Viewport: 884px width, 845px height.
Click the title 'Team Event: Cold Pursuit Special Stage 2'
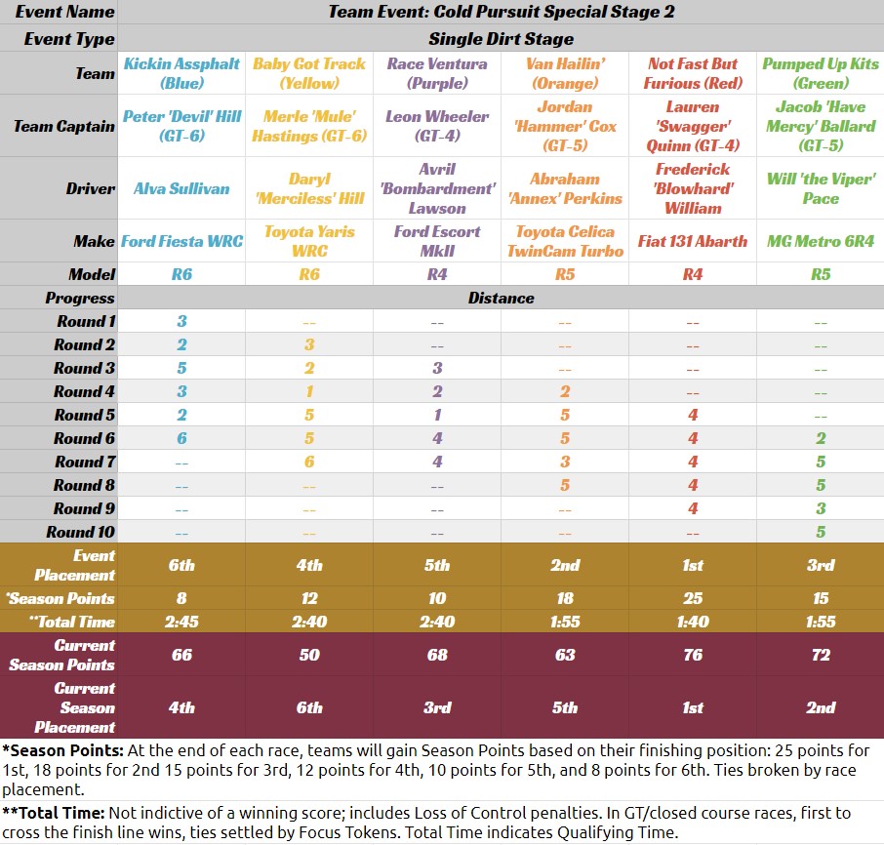(x=501, y=13)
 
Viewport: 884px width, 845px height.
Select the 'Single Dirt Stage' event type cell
(x=501, y=39)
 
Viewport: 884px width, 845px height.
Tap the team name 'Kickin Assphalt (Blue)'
(x=181, y=73)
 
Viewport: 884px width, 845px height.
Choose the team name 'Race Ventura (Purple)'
(x=437, y=73)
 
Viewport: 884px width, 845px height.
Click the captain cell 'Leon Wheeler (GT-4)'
(x=437, y=126)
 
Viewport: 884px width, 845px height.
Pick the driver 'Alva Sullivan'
(x=181, y=188)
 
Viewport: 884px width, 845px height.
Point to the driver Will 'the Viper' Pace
(x=821, y=188)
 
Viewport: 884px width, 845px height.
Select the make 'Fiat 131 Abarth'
(x=693, y=241)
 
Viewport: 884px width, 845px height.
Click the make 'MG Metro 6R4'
(x=821, y=241)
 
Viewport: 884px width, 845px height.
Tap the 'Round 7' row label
(x=85, y=462)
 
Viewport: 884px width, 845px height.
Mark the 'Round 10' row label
(x=80, y=532)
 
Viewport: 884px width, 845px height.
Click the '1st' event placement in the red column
(x=693, y=565)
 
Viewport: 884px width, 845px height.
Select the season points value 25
(x=693, y=598)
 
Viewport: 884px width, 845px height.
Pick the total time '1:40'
(x=693, y=622)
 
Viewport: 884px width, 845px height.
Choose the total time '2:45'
(x=181, y=622)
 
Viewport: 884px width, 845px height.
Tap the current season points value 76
(x=693, y=655)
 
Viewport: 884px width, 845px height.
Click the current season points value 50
(x=309, y=655)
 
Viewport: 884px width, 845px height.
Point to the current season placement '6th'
(x=309, y=707)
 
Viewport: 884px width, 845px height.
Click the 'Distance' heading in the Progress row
(x=501, y=298)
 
